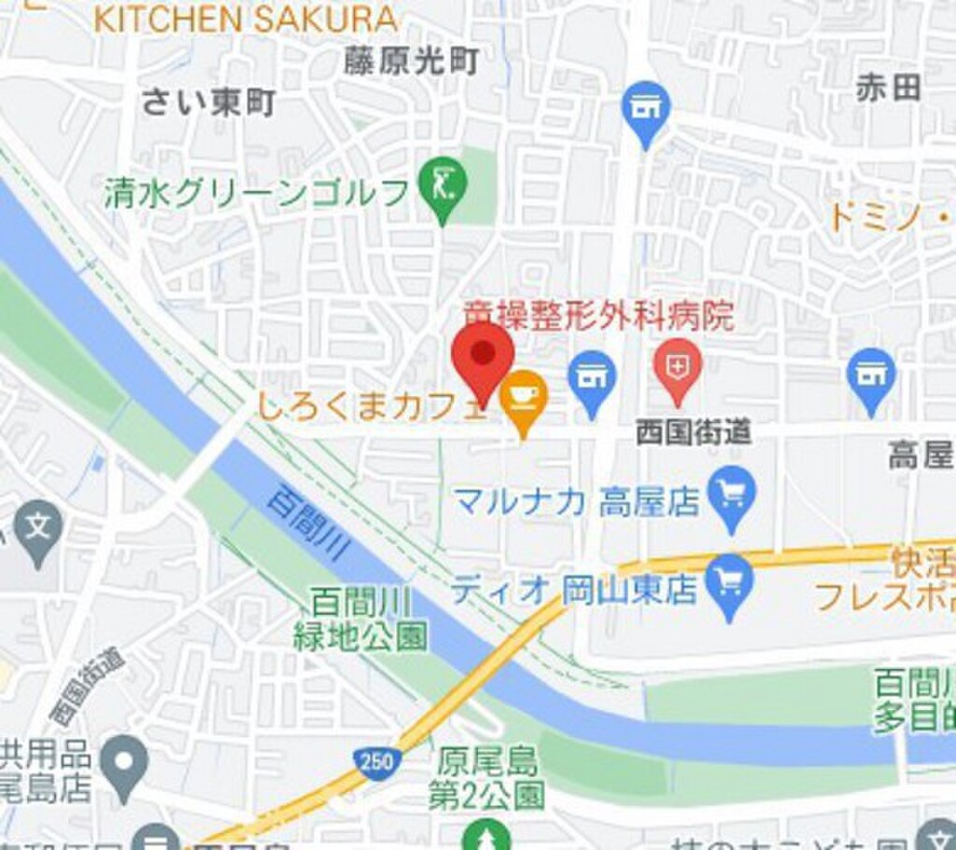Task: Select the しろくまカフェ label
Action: click(x=372, y=407)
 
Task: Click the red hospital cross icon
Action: click(x=678, y=364)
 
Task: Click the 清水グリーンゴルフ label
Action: click(x=257, y=193)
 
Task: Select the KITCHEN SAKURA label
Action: click(x=246, y=19)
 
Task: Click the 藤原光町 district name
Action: click(x=411, y=62)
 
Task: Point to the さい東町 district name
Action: click(x=208, y=103)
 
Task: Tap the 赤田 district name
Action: click(x=888, y=89)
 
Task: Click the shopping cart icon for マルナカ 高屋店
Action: click(x=731, y=494)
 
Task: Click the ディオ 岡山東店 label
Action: click(x=574, y=590)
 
